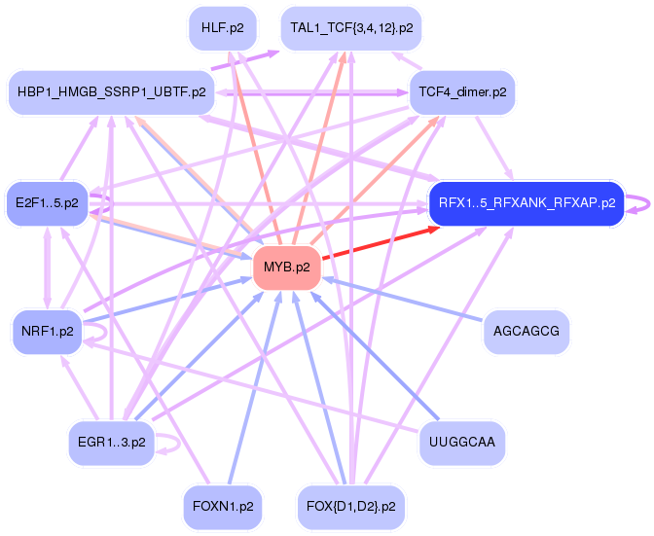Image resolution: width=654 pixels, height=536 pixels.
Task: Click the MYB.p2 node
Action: coord(286,267)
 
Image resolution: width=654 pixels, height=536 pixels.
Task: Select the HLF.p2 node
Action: coord(223,28)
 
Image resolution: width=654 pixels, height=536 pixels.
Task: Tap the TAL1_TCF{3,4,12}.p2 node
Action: coord(350,28)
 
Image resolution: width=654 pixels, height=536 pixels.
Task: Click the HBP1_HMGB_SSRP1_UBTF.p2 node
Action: coord(112,92)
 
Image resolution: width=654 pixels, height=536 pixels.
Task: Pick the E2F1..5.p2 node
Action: coord(47,202)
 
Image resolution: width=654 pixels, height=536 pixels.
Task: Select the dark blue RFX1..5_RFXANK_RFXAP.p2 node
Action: coord(527,203)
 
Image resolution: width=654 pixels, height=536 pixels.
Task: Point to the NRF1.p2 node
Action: coord(47,331)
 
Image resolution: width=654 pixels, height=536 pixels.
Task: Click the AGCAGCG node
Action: coord(527,331)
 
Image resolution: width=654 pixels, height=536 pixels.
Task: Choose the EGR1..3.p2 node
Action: coord(112,443)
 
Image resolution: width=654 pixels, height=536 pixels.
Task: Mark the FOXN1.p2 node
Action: coord(223,507)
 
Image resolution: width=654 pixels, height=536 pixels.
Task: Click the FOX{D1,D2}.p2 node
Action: coord(350,507)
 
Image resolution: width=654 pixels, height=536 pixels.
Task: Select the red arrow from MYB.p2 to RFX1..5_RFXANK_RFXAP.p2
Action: coord(375,243)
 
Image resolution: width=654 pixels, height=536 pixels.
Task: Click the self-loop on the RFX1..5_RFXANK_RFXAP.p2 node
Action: coord(640,204)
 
